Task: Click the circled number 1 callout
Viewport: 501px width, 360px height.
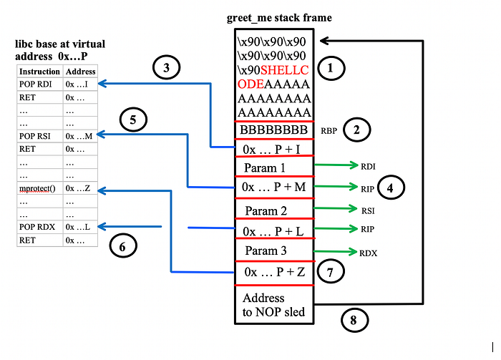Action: [x=330, y=68]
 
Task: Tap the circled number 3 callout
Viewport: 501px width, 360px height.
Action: [x=166, y=69]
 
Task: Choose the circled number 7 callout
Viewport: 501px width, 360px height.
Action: [x=329, y=272]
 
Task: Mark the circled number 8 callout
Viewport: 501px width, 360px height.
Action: [x=352, y=321]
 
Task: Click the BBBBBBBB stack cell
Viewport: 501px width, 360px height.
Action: [x=273, y=130]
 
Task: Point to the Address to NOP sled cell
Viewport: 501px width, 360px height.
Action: [x=273, y=304]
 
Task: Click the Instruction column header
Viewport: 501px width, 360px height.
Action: [x=39, y=72]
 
